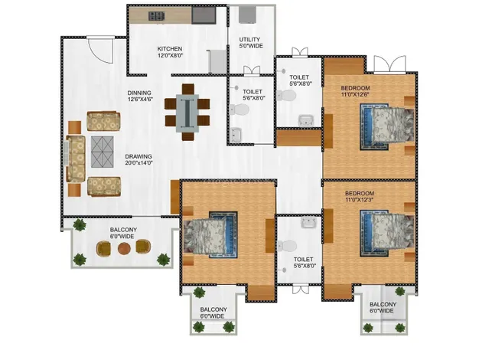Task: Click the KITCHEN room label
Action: (170, 48)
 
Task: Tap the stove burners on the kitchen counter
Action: (157, 16)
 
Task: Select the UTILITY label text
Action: (249, 40)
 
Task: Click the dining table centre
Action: (187, 113)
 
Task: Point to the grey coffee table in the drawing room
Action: (102, 152)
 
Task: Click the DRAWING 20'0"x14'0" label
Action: (138, 159)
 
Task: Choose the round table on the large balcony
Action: (124, 248)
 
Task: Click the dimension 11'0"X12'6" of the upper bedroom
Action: (355, 94)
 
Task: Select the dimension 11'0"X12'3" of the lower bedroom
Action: (360, 200)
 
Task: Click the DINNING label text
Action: (139, 93)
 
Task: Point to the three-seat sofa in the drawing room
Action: (76, 159)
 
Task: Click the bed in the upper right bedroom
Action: (386, 126)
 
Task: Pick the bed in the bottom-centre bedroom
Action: (210, 234)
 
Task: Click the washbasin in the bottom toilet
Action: (308, 222)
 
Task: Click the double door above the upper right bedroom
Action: (389, 64)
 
